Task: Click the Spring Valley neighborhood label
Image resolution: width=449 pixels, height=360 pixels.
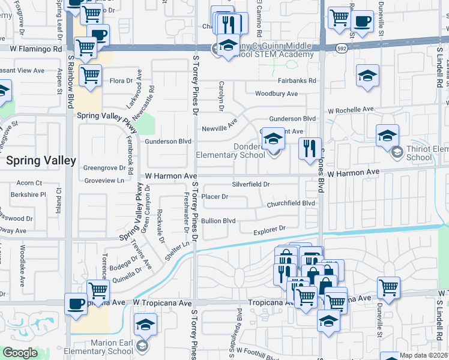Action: pos(41,161)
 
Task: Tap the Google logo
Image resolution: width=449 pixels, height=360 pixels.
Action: pos(20,353)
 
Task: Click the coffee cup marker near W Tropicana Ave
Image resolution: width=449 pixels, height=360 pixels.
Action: pos(76,304)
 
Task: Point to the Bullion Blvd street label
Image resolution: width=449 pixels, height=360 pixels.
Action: pos(218,221)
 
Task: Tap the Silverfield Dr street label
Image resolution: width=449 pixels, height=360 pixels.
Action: pos(251,184)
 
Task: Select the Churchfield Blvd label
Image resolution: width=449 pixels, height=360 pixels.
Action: pos(291,203)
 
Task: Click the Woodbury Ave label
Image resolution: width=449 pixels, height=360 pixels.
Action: pos(276,94)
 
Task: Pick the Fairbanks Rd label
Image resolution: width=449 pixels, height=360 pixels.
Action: pos(297,81)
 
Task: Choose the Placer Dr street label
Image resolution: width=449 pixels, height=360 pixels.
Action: pos(215,196)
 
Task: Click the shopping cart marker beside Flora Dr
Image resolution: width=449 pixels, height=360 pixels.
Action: pos(90,76)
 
